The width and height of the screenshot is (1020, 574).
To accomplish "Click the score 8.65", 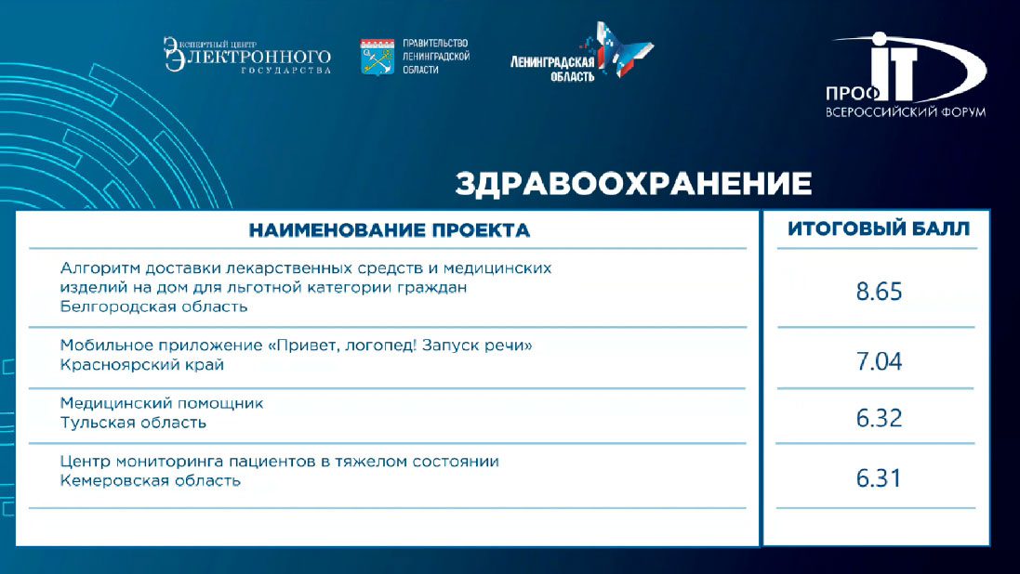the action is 879,292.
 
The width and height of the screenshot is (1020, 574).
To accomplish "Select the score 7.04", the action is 879,360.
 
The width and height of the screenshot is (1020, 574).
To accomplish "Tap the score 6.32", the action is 879,418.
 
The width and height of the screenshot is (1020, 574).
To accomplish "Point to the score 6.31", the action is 879,478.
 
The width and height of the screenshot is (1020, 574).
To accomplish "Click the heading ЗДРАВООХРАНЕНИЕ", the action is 633,183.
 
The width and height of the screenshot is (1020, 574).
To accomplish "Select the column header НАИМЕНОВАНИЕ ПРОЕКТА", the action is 389,230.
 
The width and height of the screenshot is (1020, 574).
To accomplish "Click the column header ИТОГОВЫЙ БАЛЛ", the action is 879,228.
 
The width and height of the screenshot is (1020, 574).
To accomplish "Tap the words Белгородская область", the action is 153,307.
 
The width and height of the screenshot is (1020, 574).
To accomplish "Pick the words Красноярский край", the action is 142,365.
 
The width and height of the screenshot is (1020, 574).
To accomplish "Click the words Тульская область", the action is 133,423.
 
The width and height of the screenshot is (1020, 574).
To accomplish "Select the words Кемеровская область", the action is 151,481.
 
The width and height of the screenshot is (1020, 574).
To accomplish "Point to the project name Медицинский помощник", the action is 162,403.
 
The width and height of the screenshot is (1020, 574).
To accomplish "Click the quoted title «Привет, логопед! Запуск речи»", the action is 400,346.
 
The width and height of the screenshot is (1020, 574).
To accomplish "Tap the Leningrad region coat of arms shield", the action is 378,58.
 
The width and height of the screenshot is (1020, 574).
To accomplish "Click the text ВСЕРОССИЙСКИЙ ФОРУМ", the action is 906,111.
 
